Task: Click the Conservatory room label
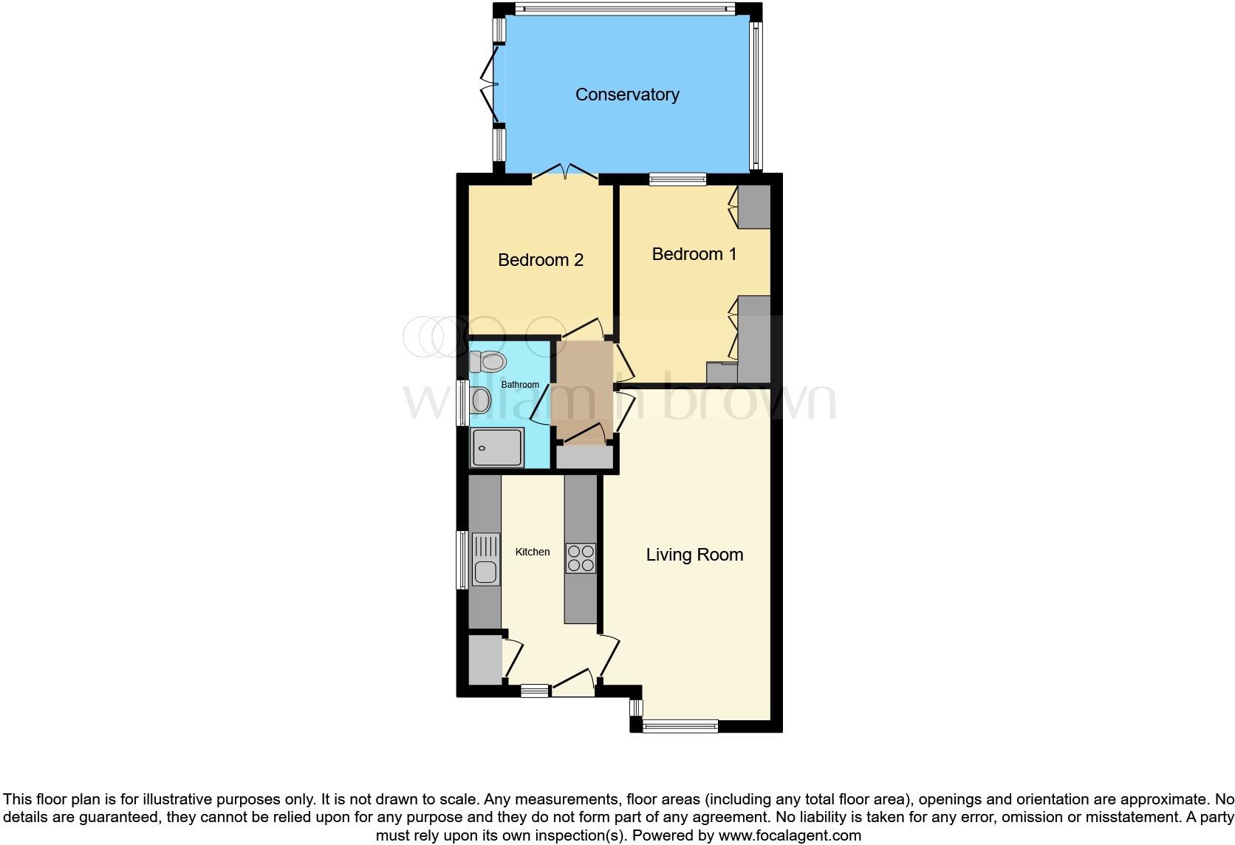tap(627, 95)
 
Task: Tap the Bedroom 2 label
tap(541, 260)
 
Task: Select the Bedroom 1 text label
tap(694, 254)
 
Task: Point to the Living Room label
tap(694, 555)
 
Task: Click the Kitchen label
tap(533, 552)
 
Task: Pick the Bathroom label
tap(520, 385)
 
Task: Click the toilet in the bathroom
tap(487, 361)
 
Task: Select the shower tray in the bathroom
tap(498, 448)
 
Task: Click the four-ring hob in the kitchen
tap(581, 558)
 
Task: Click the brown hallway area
tap(584, 391)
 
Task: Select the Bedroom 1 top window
tap(677, 178)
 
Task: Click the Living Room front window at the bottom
tap(680, 726)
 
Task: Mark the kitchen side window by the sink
tap(462, 559)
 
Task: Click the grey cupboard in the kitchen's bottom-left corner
tap(485, 660)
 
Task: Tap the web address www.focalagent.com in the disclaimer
tap(790, 836)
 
